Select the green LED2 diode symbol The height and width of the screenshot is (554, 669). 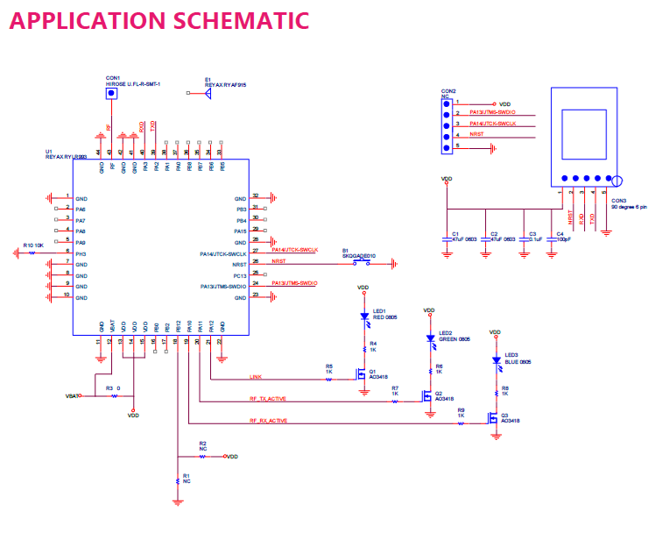pos(430,338)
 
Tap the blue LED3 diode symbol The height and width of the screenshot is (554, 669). pos(496,359)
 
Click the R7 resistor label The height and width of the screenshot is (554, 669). pos(395,387)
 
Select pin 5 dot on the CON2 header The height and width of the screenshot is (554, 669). pos(445,146)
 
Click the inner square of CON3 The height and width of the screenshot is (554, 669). pos(582,134)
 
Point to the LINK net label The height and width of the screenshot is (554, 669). pos(256,377)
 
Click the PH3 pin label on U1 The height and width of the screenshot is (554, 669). pos(81,253)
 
